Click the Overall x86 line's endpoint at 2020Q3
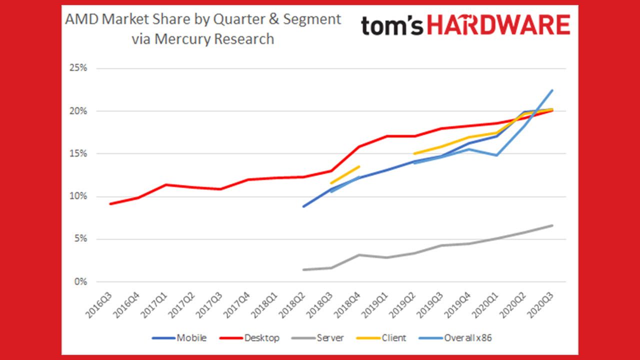(552, 90)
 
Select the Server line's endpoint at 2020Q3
(552, 225)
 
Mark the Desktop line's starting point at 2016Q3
(110, 203)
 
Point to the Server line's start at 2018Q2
(303, 269)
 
